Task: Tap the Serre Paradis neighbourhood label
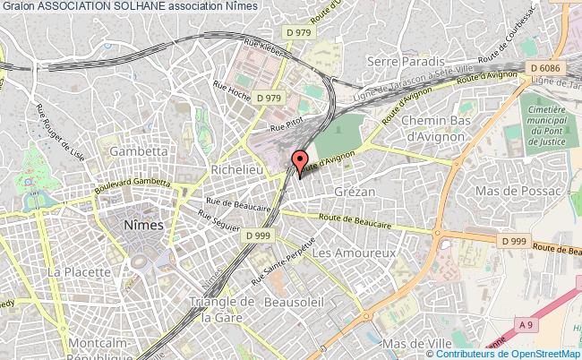pos(407,61)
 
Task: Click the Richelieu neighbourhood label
pos(235,168)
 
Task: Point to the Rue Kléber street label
pos(265,48)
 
